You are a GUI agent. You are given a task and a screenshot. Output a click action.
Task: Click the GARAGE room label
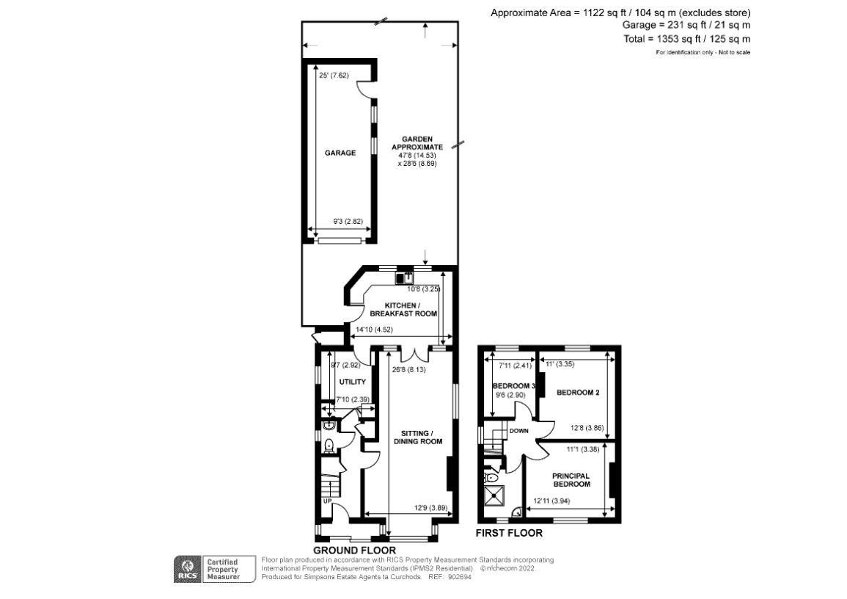point(340,153)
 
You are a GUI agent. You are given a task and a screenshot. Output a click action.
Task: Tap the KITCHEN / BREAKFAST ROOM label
point(403,309)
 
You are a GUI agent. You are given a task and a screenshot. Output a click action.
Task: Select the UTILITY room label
point(352,382)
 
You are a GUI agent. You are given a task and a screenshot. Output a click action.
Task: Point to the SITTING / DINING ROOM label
point(418,438)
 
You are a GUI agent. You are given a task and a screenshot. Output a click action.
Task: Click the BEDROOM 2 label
point(577,393)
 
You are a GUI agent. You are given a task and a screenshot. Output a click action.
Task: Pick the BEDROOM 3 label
point(514,386)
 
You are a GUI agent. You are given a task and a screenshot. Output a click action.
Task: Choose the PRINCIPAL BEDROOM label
point(571,480)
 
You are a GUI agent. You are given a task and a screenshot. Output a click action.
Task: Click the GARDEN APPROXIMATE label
point(417,142)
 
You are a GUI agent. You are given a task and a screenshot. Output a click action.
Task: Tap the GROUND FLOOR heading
point(354,551)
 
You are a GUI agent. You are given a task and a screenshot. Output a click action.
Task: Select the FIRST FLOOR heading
point(509,533)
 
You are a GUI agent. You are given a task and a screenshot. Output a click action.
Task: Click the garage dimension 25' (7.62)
point(333,76)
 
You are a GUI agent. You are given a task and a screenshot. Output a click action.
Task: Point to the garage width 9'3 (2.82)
point(348,221)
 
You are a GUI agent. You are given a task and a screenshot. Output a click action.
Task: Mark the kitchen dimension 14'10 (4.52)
point(374,330)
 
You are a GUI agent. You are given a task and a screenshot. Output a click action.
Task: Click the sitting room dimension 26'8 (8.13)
point(410,370)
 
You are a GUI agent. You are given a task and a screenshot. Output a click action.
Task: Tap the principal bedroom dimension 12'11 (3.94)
point(551,501)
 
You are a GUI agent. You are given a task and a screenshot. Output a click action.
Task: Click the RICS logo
point(187,569)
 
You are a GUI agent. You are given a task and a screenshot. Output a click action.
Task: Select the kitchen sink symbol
point(405,278)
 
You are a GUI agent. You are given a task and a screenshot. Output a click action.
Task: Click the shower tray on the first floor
point(494,495)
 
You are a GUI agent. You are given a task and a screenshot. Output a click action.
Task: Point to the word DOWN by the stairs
point(518,431)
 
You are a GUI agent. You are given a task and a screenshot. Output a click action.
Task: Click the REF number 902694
point(461,577)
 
